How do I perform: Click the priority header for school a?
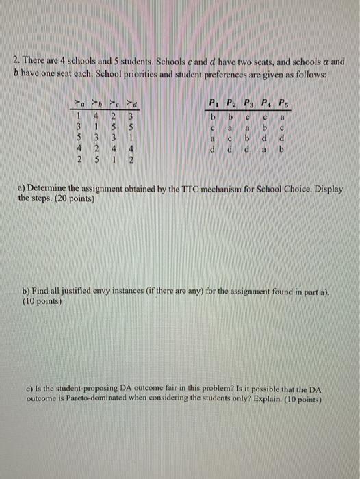(80, 103)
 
